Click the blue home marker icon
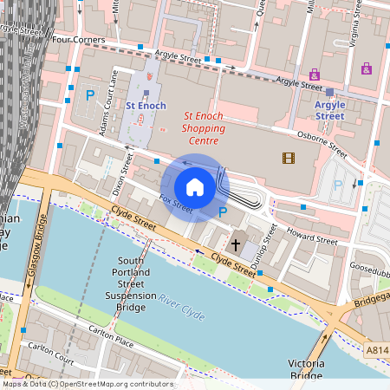tap(195, 187)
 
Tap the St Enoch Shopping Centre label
tap(203, 127)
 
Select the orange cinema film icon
tap(288, 157)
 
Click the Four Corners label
tap(79, 40)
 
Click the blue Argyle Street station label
tap(329, 110)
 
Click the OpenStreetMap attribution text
tap(87, 384)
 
